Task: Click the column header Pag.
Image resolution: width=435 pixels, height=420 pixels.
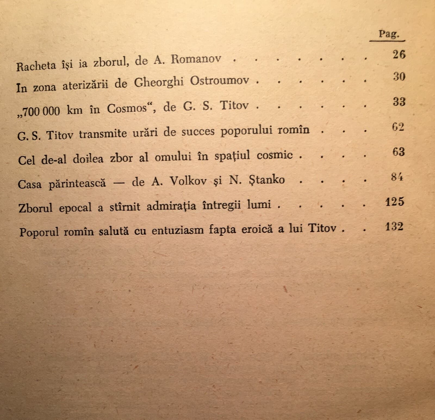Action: coord(389,35)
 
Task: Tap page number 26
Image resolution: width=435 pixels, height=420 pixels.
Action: coord(399,55)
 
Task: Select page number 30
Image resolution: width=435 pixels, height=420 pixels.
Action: coord(399,77)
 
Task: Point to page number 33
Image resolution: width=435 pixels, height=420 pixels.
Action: coord(399,102)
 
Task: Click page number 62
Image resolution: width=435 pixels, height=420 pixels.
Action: coord(398,127)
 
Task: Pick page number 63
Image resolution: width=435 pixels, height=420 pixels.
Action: coord(399,152)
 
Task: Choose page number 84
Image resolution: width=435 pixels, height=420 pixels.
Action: coord(397,177)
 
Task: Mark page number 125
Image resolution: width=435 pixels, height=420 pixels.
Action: coord(395,202)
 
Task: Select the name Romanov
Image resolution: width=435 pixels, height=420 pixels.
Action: coord(196,60)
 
